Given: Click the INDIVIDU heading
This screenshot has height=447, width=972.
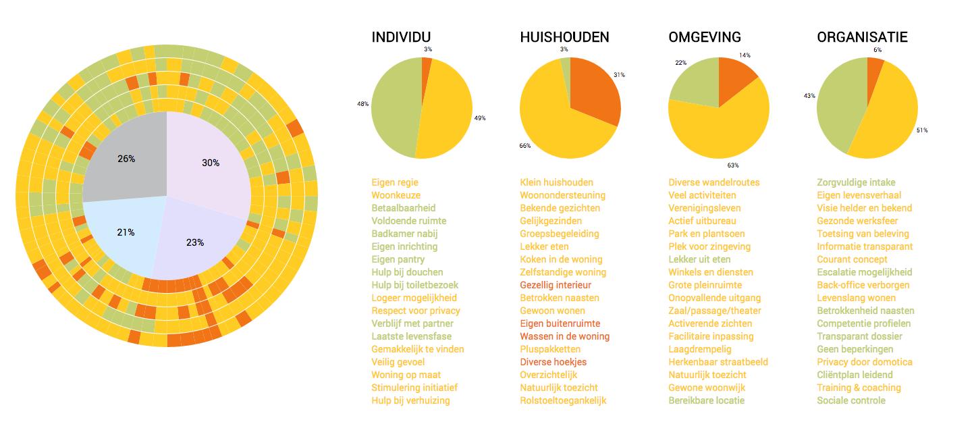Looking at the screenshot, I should point(401,38).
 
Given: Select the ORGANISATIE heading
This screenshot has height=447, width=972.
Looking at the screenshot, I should point(862,38).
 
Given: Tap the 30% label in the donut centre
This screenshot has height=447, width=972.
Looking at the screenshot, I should point(211,163).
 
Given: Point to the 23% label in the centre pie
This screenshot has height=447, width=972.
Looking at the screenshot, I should point(194,242).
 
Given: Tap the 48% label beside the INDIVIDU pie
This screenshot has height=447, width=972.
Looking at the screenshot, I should point(362,104).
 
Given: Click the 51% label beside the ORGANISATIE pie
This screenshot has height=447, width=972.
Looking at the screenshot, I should point(921,130).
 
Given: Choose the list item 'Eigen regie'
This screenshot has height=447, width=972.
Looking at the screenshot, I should point(394,182).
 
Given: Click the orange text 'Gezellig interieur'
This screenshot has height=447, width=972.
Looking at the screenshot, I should point(556,285).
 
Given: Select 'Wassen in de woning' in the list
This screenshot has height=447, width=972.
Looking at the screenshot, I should point(564,336).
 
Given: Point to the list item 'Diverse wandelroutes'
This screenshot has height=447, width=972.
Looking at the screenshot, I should point(713,182).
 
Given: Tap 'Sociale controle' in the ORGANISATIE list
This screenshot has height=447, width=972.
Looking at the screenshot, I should point(850,400).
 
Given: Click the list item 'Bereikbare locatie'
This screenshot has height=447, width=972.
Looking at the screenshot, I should point(706,400).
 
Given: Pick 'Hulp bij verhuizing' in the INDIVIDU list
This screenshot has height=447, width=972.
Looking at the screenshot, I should point(410,400).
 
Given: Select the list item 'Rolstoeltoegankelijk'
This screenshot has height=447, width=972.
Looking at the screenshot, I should point(563,400).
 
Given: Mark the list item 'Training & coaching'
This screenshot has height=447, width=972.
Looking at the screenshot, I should point(859,388).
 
